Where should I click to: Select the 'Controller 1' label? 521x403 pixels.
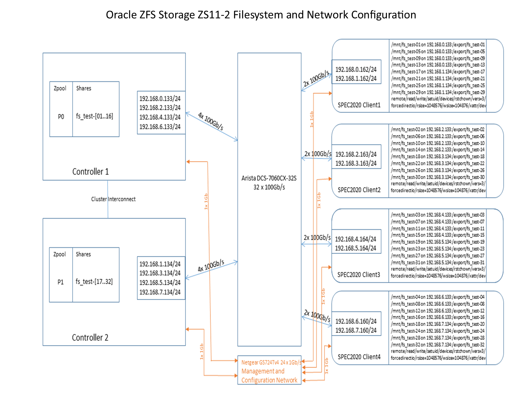(90, 172)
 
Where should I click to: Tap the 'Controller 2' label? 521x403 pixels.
(90, 338)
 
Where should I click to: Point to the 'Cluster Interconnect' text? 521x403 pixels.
(113, 199)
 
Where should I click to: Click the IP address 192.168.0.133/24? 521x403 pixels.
(160, 99)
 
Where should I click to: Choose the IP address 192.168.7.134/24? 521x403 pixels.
(160, 292)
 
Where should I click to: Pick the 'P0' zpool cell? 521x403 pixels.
(61, 117)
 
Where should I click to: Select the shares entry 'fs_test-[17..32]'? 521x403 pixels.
(94, 282)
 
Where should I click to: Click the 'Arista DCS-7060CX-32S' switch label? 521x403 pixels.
(269, 178)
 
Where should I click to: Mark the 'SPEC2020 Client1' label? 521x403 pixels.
(359, 105)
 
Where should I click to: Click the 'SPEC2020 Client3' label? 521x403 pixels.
(359, 275)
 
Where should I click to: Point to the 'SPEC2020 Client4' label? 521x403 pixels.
(359, 357)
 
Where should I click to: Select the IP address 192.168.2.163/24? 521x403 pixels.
(356, 154)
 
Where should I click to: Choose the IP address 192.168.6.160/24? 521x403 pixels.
(356, 321)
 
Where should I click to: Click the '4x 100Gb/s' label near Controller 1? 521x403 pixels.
(211, 121)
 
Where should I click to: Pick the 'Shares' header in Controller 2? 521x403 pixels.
(83, 254)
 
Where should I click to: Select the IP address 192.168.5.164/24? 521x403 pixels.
(356, 248)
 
